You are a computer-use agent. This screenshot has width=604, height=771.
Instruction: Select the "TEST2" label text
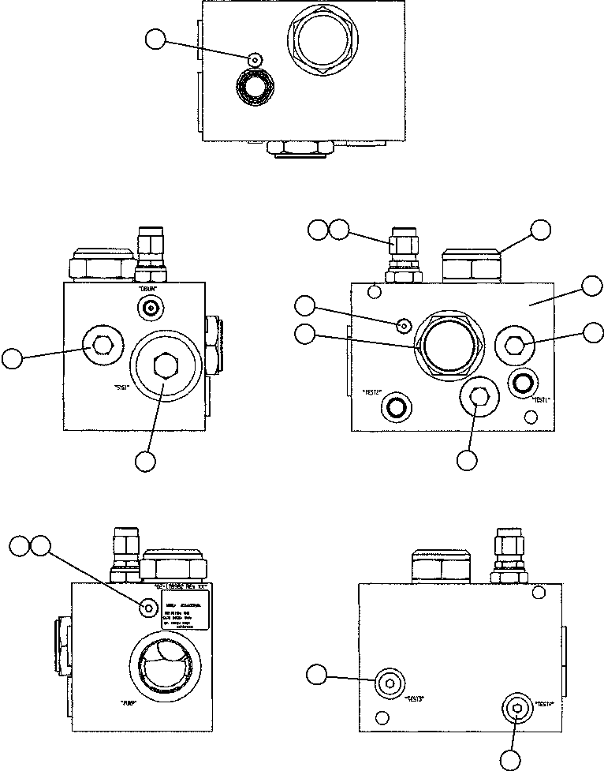click(371, 391)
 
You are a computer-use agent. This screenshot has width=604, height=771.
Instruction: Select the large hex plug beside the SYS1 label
click(163, 365)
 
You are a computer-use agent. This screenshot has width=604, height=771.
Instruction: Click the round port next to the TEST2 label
click(395, 407)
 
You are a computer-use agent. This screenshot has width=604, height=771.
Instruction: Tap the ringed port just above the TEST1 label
click(523, 383)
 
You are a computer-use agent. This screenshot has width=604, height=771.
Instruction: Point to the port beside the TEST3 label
click(388, 682)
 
